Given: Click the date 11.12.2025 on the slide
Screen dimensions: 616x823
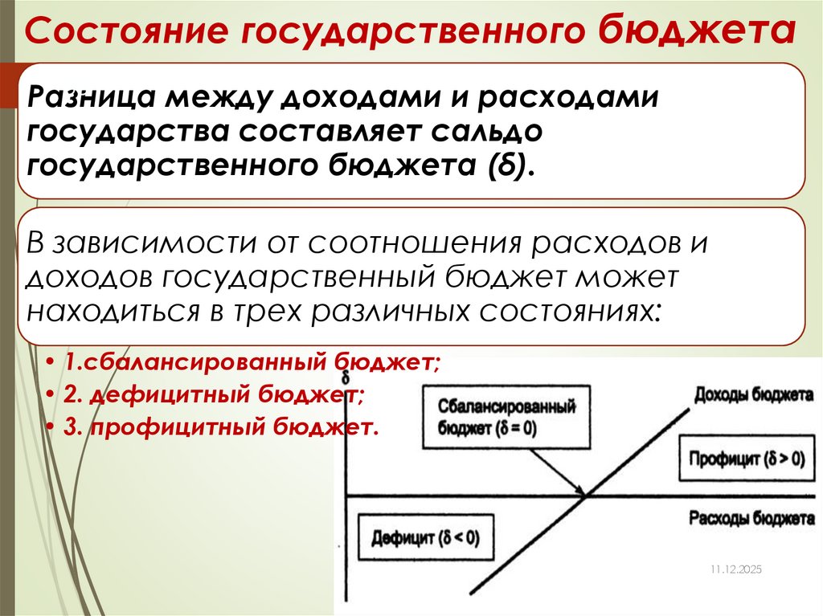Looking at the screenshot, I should pyautogui.click(x=735, y=569).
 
